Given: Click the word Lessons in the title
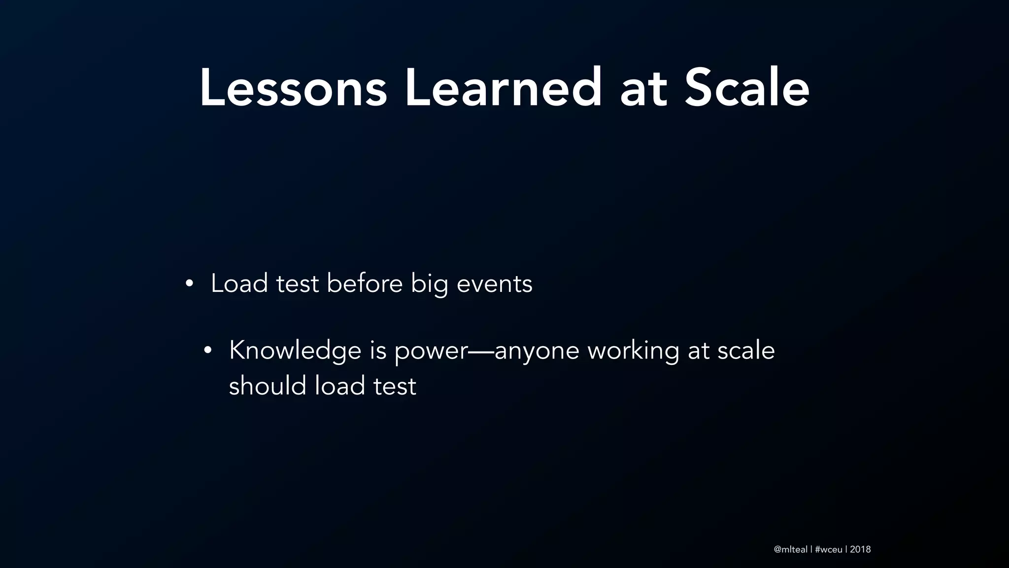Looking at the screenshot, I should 293,89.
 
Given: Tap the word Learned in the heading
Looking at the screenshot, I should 503,89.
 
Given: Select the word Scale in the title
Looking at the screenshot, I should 747,89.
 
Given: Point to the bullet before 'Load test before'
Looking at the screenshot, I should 189,284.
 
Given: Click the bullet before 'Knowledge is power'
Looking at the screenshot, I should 207,351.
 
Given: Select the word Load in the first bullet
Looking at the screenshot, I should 239,284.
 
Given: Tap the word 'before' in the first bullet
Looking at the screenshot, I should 365,284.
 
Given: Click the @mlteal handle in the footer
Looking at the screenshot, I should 790,549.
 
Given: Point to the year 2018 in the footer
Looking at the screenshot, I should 860,549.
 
